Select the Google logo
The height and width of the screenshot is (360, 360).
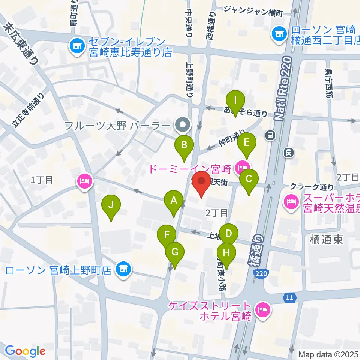point(25,351)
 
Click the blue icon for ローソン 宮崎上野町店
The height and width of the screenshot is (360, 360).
point(122,269)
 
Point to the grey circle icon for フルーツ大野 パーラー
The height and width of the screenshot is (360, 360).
point(183,124)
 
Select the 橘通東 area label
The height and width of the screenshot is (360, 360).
point(327,240)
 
